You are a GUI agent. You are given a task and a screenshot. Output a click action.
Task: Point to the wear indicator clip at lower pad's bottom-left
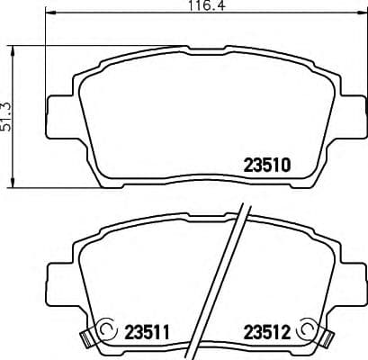point(88,339)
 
